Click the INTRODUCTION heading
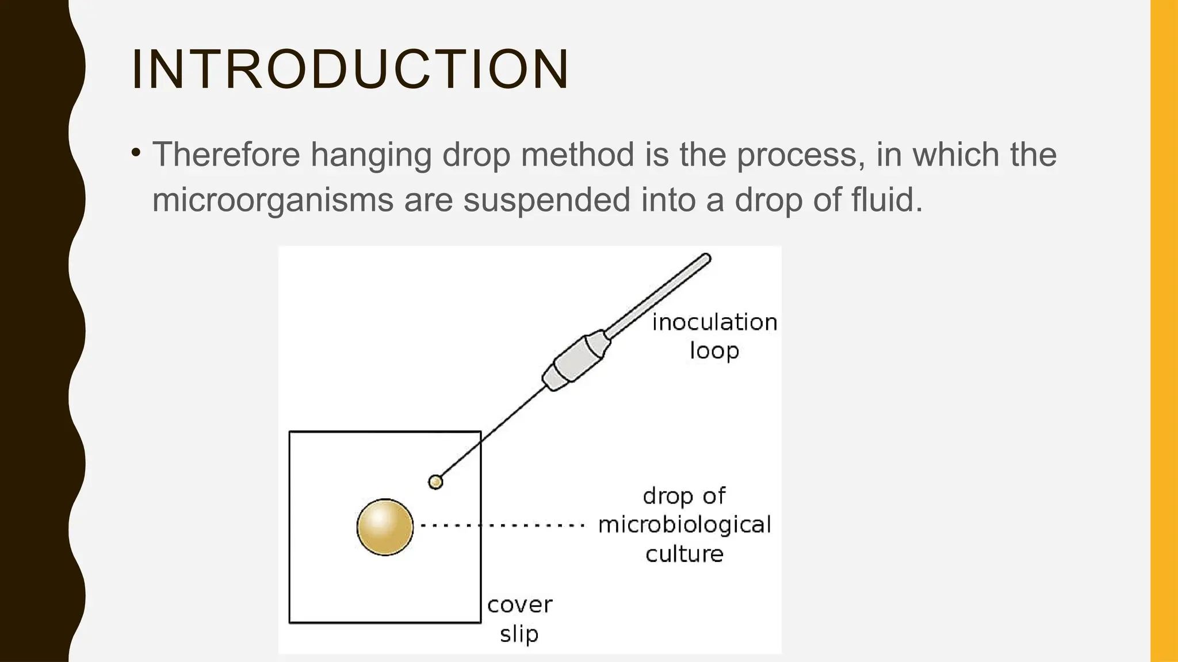pyautogui.click(x=350, y=70)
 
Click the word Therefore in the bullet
pyautogui.click(x=226, y=155)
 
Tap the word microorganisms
pyautogui.click(x=273, y=200)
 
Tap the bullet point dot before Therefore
pyautogui.click(x=136, y=153)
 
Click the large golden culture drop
pyautogui.click(x=385, y=527)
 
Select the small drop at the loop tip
pyautogui.click(x=435, y=482)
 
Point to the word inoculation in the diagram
pyautogui.click(x=714, y=322)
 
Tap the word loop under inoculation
pyautogui.click(x=714, y=351)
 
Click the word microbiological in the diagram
pyautogui.click(x=684, y=525)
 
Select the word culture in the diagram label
pyautogui.click(x=684, y=554)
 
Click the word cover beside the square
pyautogui.click(x=519, y=605)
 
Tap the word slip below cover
pyautogui.click(x=519, y=634)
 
